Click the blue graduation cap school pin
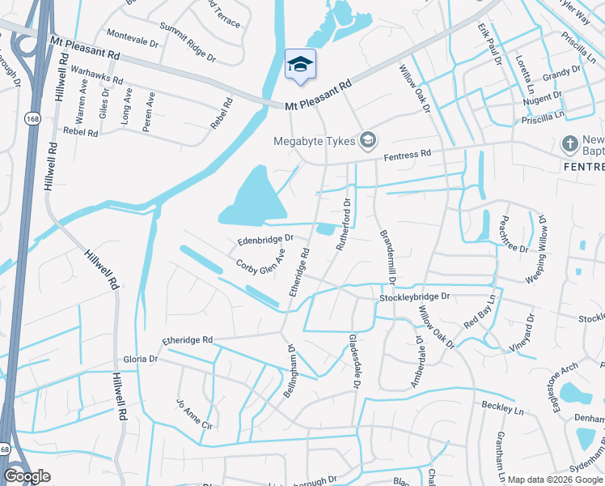click(x=300, y=66)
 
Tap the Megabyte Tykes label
click(x=315, y=142)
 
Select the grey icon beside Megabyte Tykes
click(x=368, y=141)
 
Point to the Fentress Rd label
click(x=408, y=153)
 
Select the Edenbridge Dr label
click(x=264, y=240)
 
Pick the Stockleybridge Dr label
click(x=414, y=298)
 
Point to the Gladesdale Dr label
click(x=353, y=361)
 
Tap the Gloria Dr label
click(x=140, y=358)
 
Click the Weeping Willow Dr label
click(x=536, y=248)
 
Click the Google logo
click(x=27, y=476)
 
